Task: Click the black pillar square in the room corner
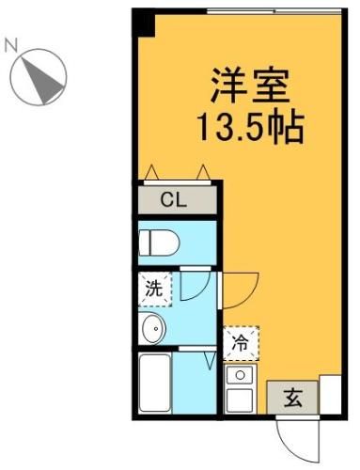tap(141, 20)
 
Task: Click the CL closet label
tap(172, 198)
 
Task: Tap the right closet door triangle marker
tap(202, 171)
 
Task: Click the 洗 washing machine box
tap(154, 289)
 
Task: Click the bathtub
tap(155, 383)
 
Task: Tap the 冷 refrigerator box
tap(241, 342)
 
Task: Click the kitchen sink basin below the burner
tap(241, 398)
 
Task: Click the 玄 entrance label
tap(292, 397)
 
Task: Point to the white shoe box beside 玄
tap(331, 395)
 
